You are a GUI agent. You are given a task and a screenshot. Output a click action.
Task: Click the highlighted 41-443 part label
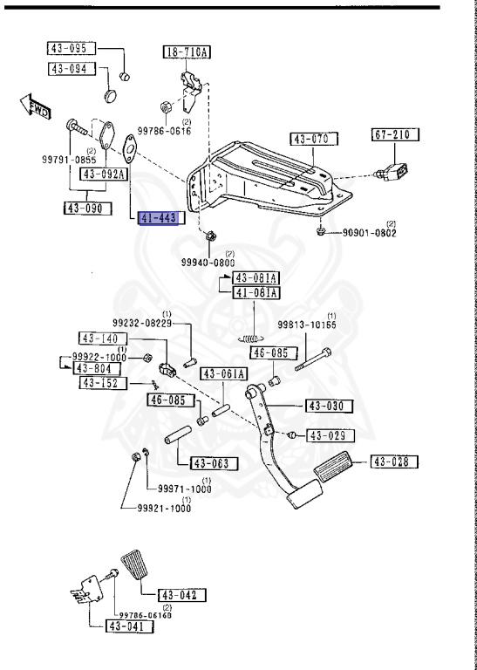tap(158, 218)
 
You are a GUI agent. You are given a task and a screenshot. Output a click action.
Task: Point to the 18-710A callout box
tap(187, 53)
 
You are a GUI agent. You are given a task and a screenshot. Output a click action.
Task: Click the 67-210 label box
tap(395, 135)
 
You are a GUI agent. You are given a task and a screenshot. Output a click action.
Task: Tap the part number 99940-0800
tap(208, 262)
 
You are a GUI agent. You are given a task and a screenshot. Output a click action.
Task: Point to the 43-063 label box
tap(210, 463)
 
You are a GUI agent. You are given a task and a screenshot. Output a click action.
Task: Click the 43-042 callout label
tap(182, 596)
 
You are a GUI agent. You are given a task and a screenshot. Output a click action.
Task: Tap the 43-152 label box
tap(103, 383)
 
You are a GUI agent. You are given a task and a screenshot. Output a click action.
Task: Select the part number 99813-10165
tap(307, 325)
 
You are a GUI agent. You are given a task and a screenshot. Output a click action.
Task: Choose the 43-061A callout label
tap(225, 374)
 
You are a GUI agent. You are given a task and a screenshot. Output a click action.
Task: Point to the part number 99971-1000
tap(184, 489)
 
